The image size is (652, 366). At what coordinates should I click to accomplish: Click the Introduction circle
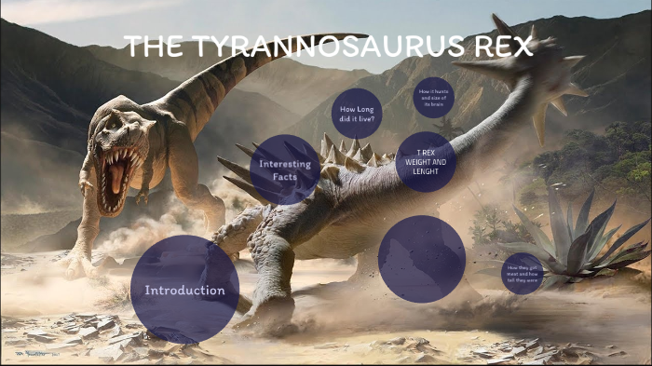184,290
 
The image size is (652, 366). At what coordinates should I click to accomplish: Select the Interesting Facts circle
284,169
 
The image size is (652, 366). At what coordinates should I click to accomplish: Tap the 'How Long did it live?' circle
356,114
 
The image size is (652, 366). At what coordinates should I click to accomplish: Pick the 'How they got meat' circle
523,273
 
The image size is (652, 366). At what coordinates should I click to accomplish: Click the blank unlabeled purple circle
421,258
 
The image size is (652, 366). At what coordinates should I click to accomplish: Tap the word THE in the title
153,47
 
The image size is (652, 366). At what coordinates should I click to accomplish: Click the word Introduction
184,291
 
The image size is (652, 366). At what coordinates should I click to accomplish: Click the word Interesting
284,164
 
